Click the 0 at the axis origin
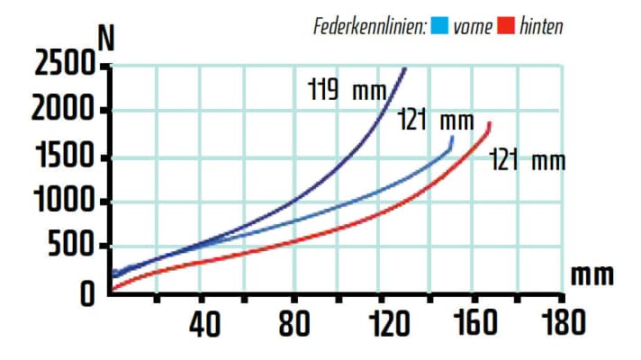pyautogui.click(x=86, y=294)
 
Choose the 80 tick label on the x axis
pyautogui.click(x=293, y=323)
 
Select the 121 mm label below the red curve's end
pyautogui.click(x=527, y=162)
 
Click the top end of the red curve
pyautogui.click(x=490, y=123)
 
